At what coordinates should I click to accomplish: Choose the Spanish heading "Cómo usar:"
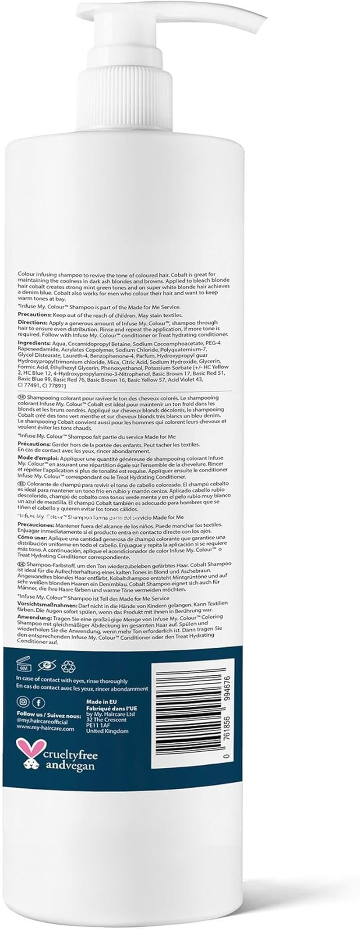pyautogui.click(x=30, y=537)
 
